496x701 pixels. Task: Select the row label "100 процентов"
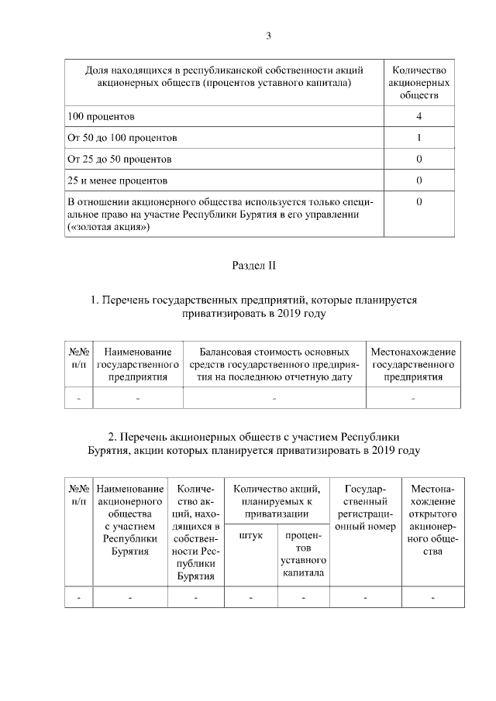102,116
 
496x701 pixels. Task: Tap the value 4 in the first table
418,116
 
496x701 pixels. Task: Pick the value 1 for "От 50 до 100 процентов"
418,138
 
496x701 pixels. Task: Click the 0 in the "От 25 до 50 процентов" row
418,160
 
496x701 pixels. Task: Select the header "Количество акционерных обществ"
418,82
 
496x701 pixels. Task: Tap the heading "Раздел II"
254,266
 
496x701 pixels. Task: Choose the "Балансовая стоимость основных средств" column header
274,364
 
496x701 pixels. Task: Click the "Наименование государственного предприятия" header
137,364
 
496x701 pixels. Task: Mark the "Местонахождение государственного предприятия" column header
413,364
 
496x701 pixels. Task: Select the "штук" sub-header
251,535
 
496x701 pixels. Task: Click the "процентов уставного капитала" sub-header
303,554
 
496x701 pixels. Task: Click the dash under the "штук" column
251,598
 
